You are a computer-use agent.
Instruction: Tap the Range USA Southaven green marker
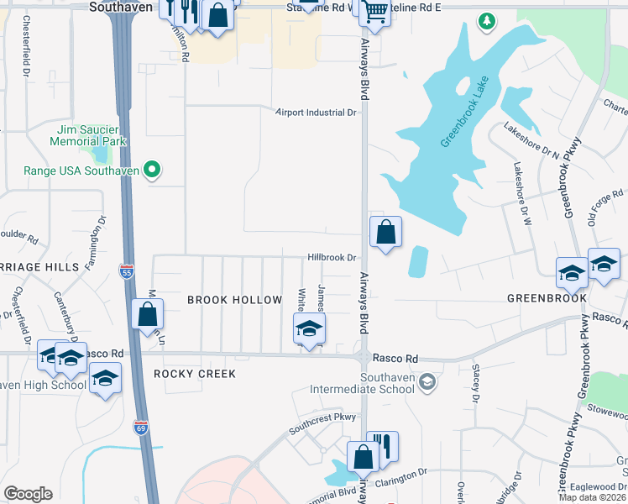[152, 171]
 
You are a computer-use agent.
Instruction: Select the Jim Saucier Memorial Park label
[92, 135]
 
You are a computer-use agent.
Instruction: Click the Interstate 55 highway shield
[126, 271]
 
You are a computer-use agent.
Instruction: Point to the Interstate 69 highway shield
[141, 428]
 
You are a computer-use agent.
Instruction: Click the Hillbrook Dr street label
[332, 258]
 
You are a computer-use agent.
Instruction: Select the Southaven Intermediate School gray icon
[427, 382]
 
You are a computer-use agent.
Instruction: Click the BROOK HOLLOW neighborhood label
[234, 300]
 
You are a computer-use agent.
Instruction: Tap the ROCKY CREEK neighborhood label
[195, 373]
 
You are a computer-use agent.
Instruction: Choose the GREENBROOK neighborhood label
[546, 298]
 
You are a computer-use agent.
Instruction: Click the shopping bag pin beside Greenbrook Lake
[385, 232]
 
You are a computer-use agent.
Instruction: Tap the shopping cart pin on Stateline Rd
[375, 12]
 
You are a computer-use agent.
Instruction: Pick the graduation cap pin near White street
[309, 328]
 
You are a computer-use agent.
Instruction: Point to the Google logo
[28, 493]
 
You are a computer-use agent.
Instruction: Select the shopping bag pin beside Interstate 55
[147, 316]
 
